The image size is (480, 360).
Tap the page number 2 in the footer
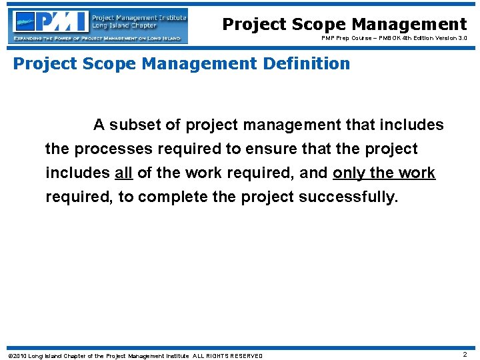pos(465,355)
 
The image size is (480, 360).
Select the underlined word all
pos(124,173)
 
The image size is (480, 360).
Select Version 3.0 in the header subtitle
pos(452,38)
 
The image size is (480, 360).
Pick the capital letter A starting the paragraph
pos(99,125)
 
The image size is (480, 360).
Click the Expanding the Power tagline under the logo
pos(97,39)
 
